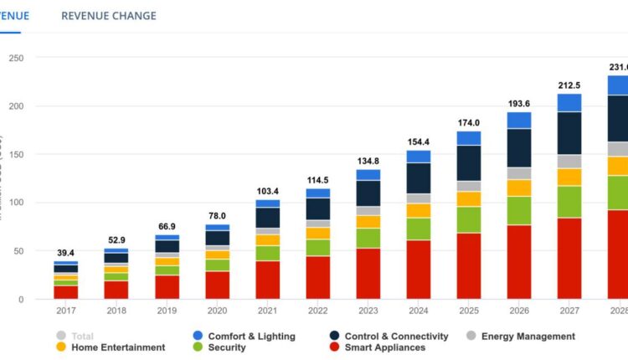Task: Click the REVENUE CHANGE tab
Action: [109, 16]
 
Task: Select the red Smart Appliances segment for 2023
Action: [368, 273]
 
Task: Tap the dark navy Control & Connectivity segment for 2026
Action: [519, 148]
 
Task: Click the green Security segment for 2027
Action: [570, 202]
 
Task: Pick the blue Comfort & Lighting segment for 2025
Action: [469, 138]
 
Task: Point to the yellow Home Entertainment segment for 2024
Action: [419, 210]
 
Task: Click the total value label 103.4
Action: [268, 192]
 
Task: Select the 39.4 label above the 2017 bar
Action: [66, 254]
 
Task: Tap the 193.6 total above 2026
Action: [519, 104]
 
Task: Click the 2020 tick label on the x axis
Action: [218, 311]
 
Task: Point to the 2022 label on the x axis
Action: [318, 311]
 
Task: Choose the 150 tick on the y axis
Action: [16, 155]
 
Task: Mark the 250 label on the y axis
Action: [16, 58]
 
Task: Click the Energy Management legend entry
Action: [528, 337]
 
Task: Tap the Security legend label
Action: [227, 347]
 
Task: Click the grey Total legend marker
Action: [61, 337]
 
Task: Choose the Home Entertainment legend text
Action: [118, 347]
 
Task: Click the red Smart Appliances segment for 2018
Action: [116, 290]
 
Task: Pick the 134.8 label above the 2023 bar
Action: [368, 162]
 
